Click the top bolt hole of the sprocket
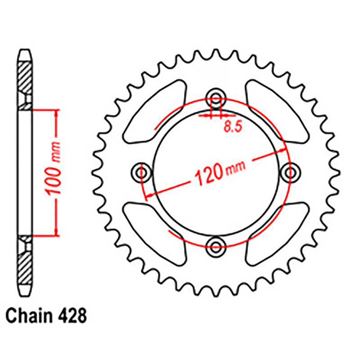(216, 98)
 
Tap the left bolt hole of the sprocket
(141, 173)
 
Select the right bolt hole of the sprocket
(290, 173)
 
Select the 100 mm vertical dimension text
(53, 169)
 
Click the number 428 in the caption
(72, 316)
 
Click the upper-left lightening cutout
(154, 112)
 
